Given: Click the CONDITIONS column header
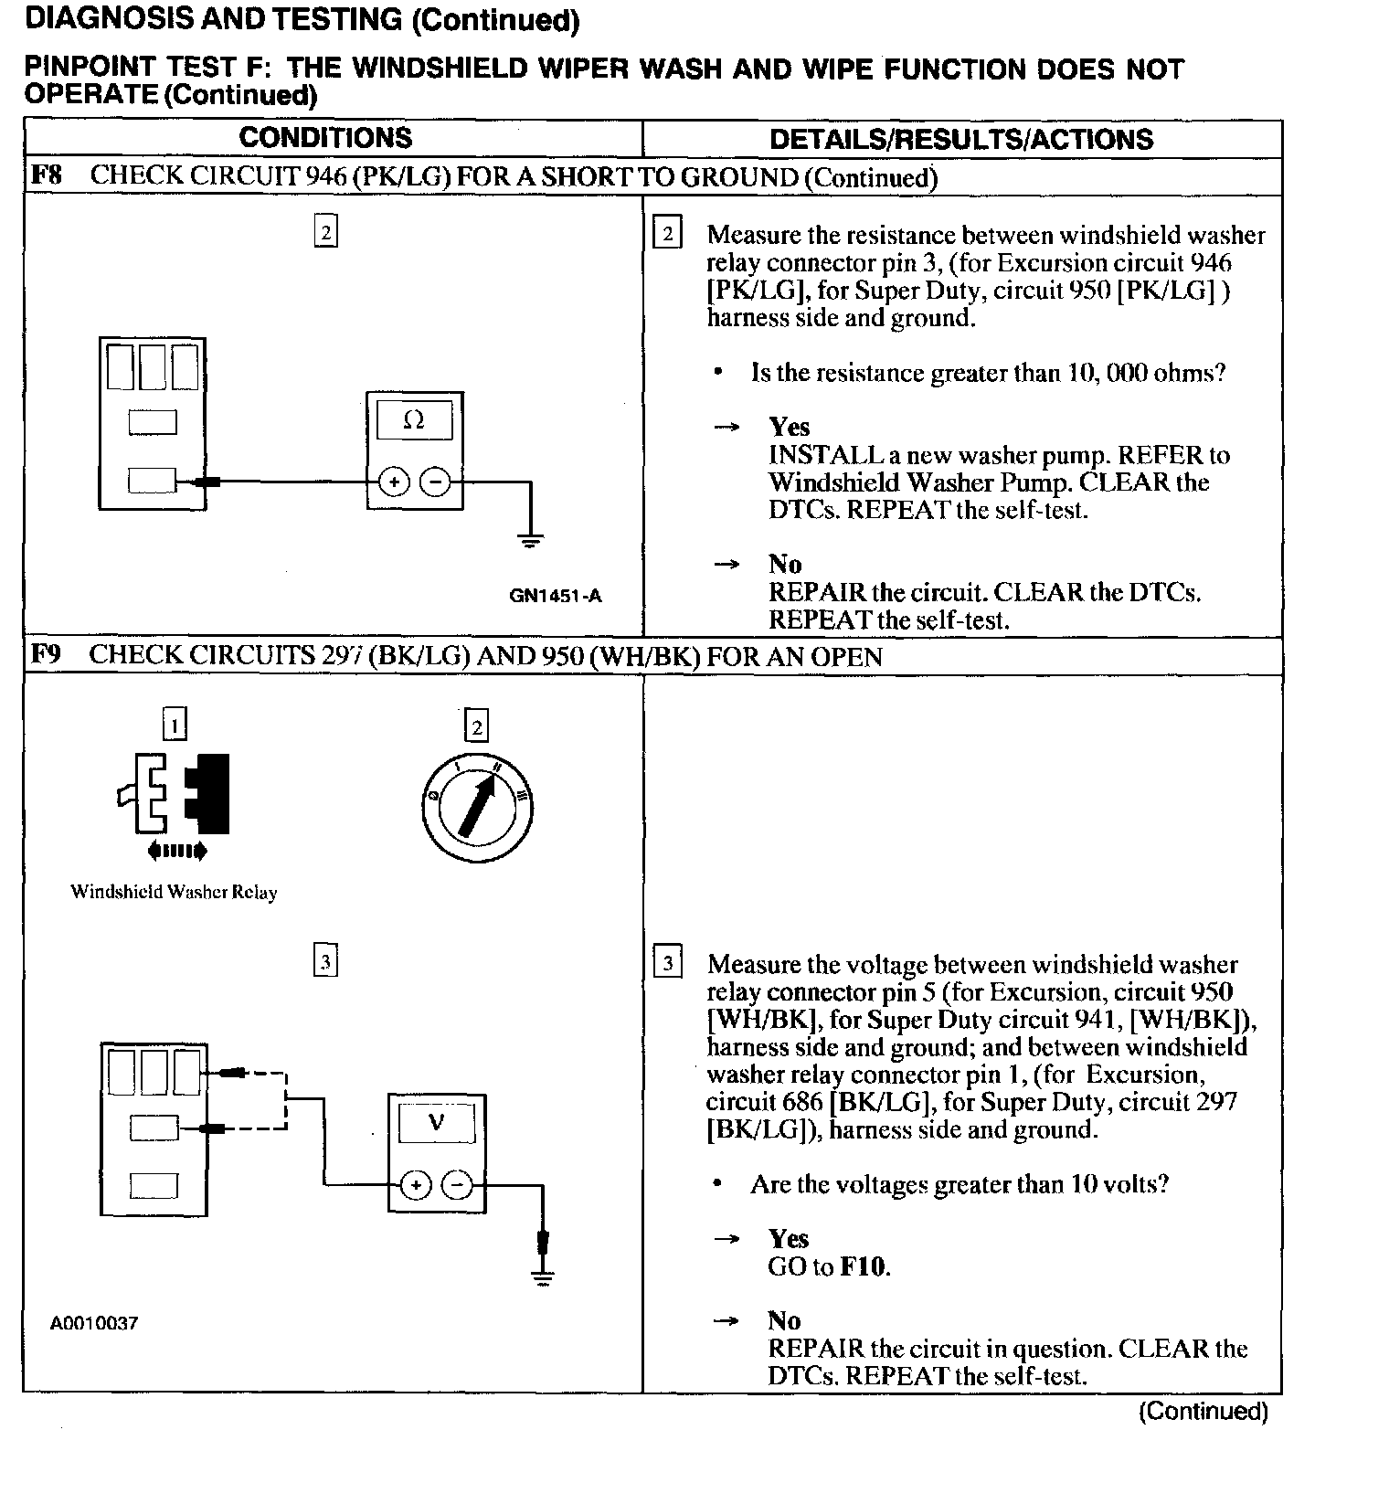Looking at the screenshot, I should (325, 138).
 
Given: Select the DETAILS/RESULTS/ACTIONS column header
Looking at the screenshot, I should (960, 139).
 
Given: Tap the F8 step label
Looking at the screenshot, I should (46, 175).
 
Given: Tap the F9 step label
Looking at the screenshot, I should (46, 655).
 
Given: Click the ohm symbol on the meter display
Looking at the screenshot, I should (414, 420).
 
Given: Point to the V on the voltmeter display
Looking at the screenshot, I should (436, 1123).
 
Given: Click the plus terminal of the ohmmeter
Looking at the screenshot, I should (393, 481).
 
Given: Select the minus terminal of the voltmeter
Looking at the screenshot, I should (457, 1185).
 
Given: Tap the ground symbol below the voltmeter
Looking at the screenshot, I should (543, 1278).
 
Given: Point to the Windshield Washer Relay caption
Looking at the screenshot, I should (174, 893).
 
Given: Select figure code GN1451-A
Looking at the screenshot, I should (556, 597).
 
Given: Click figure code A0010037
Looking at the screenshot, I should (94, 1323).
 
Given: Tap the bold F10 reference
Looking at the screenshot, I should (863, 1266).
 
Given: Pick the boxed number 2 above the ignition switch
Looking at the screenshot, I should (476, 726).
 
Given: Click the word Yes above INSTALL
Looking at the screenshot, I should (789, 427).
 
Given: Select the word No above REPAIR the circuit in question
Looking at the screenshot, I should (784, 1320).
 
